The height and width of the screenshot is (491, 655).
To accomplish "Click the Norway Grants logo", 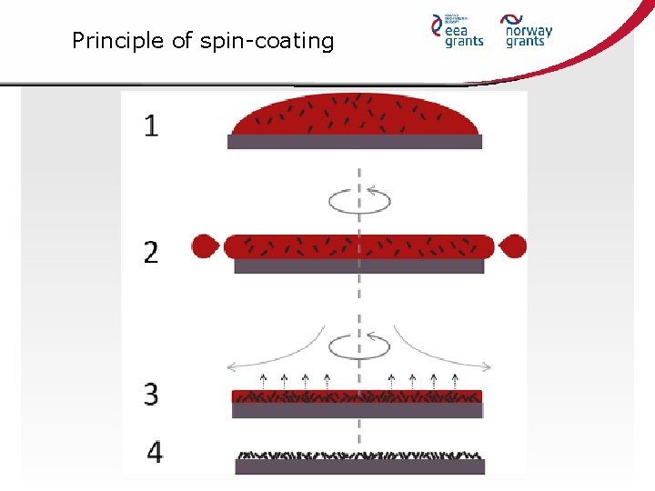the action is [529, 29].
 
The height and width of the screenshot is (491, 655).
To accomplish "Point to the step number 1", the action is [151, 125].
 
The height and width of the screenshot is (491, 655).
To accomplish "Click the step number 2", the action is [151, 252].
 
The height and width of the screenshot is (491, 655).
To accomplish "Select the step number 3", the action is [151, 394].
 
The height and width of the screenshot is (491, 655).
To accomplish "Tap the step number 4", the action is [155, 452].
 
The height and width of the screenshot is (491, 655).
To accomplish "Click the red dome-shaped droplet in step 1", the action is [355, 115].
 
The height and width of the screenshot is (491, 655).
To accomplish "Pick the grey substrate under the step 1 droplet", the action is [355, 142].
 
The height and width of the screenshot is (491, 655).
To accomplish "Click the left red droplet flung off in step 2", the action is [205, 245].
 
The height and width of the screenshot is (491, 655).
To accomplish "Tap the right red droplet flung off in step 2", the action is [513, 245].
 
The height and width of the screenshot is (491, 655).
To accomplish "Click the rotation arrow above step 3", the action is [359, 346].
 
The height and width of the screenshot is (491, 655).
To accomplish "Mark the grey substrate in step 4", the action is [359, 466].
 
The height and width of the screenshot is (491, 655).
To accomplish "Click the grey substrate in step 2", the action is [359, 266].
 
